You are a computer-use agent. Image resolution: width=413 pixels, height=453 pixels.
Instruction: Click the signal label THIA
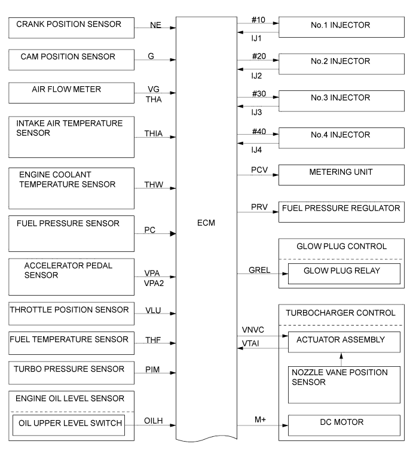pyautogui.click(x=158, y=135)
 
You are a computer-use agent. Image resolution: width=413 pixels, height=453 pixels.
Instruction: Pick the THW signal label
pyautogui.click(x=158, y=186)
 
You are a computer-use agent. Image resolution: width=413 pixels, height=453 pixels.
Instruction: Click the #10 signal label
pyautogui.click(x=258, y=20)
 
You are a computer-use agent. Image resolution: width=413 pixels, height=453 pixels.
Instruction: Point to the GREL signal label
pyautogui.click(x=260, y=269)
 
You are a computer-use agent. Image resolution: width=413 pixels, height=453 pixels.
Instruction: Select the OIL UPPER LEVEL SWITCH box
pyautogui.click(x=69, y=425)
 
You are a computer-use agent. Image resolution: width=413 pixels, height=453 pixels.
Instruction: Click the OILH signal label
pyautogui.click(x=158, y=422)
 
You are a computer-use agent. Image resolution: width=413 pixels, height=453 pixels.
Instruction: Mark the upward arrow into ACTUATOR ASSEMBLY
pyautogui.click(x=341, y=358)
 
